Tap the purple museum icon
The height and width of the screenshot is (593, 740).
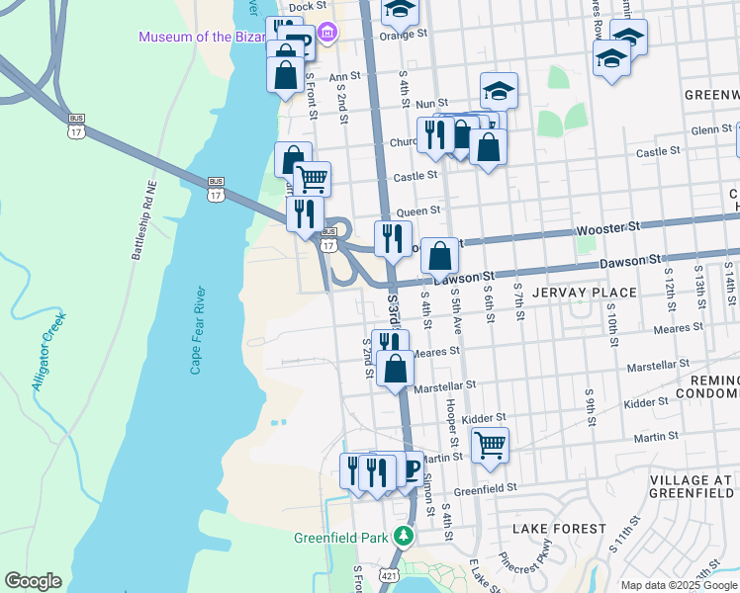coord(328,37)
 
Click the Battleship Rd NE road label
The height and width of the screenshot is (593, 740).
coord(145,219)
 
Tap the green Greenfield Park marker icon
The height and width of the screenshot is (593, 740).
coord(403,537)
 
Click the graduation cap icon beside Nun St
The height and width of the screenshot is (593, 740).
coord(499,91)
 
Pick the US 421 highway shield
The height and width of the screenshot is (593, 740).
coord(388,574)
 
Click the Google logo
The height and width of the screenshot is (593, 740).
coord(33,581)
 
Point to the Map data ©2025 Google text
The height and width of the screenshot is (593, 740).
coord(679,585)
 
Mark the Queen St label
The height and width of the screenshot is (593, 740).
coord(416,212)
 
